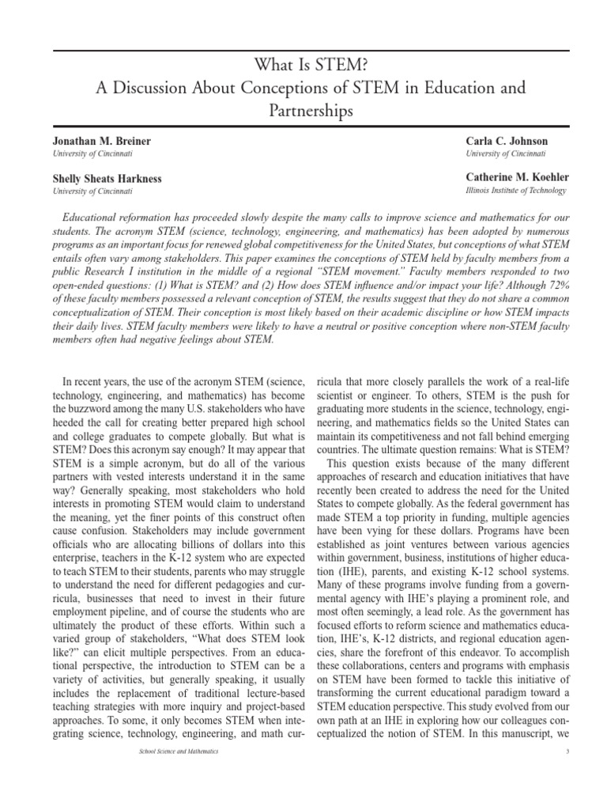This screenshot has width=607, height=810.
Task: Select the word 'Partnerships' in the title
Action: tap(303, 111)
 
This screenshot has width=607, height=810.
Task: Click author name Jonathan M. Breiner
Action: tap(101, 141)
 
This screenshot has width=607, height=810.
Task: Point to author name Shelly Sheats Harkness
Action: tap(107, 179)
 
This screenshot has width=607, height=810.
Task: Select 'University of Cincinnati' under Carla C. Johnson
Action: tap(506, 153)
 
